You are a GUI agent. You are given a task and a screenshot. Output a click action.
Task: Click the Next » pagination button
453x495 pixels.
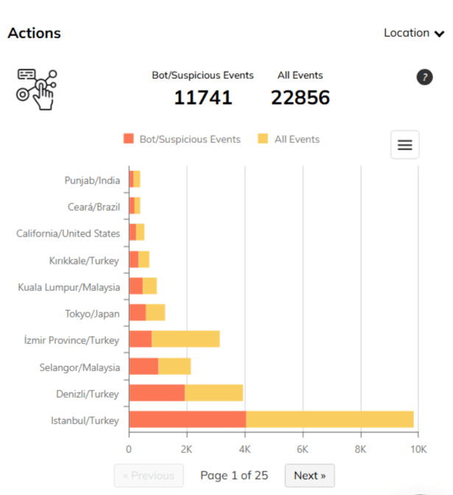[309, 475]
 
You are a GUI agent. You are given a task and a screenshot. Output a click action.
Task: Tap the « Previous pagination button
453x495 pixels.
[149, 475]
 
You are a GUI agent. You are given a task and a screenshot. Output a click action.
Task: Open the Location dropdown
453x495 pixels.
[414, 33]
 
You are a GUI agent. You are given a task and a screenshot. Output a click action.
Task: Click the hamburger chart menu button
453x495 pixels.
[404, 145]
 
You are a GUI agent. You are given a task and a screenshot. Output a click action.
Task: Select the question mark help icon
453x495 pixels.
[424, 77]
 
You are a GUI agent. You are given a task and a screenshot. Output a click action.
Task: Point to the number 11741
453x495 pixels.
[203, 97]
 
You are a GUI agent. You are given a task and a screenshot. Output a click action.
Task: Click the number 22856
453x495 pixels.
[300, 97]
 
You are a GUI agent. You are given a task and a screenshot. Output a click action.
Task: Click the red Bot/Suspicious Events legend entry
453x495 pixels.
[182, 139]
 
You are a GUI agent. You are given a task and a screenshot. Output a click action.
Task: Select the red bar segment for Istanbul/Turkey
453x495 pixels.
[187, 420]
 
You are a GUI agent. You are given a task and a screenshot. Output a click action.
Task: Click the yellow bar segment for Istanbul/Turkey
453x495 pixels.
[329, 420]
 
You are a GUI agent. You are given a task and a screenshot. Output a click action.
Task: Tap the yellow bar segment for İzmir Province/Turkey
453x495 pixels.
[186, 340]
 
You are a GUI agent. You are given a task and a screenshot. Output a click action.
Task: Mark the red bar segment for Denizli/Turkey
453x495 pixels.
[156, 393]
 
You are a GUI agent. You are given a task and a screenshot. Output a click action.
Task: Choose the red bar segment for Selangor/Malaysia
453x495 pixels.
[144, 366]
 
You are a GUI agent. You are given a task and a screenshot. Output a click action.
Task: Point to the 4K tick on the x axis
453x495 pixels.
[245, 448]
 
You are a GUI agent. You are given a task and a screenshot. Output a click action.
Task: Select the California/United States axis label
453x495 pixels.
[68, 234]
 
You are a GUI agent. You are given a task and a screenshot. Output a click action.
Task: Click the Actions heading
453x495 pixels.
[34, 33]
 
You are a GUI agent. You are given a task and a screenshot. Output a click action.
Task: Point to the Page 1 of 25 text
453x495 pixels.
[234, 475]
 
